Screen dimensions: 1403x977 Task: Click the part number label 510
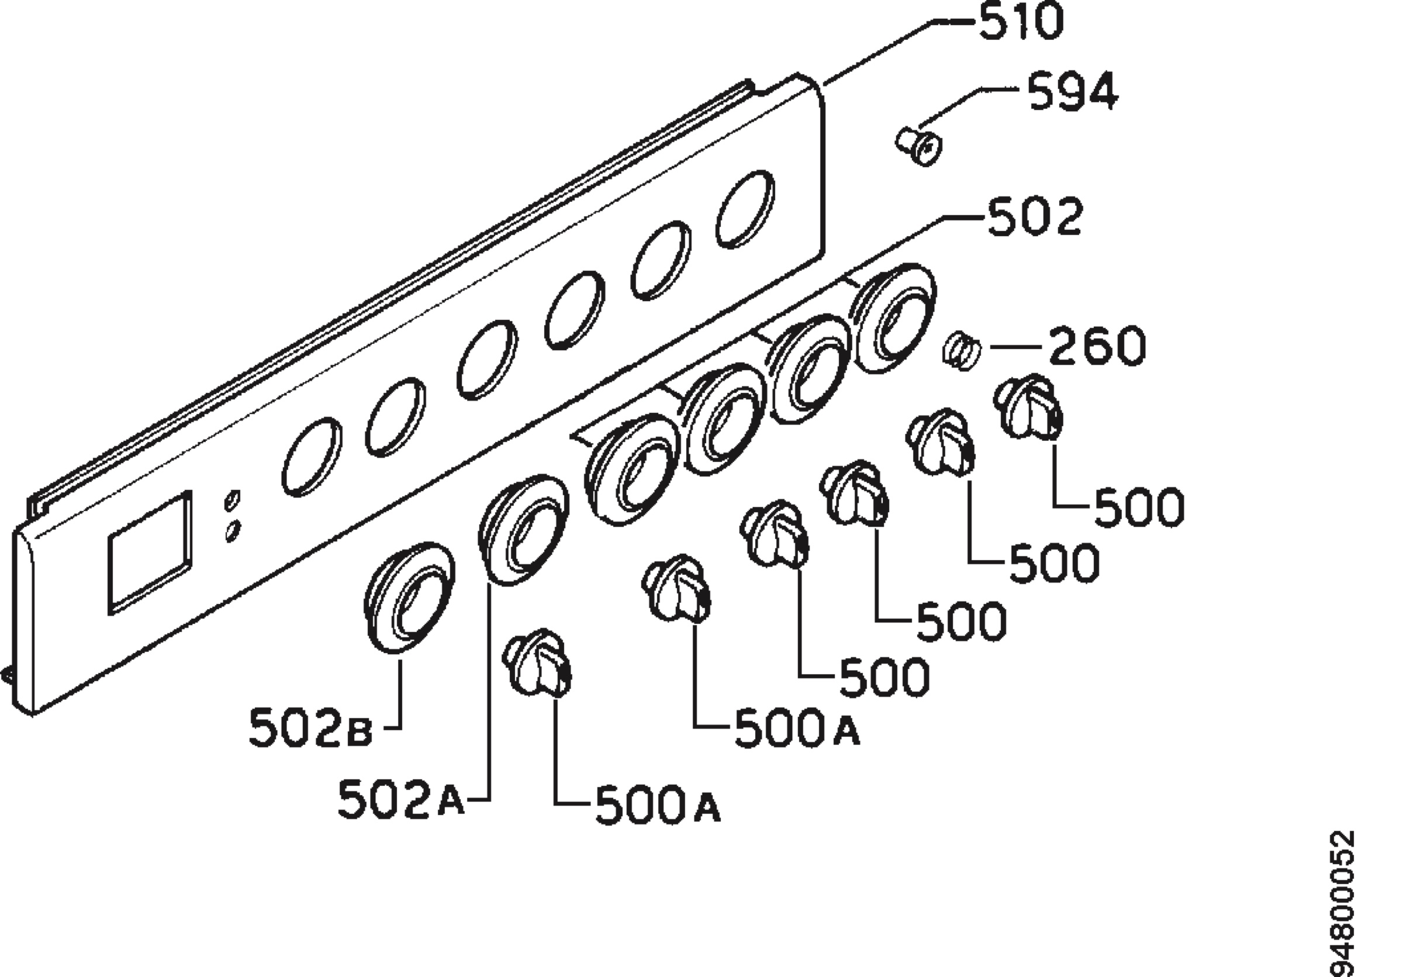coord(1021,23)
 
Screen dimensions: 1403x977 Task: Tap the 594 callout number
coord(1073,93)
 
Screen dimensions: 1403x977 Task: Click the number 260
coord(1096,347)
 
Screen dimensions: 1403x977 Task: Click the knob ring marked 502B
coord(409,598)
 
